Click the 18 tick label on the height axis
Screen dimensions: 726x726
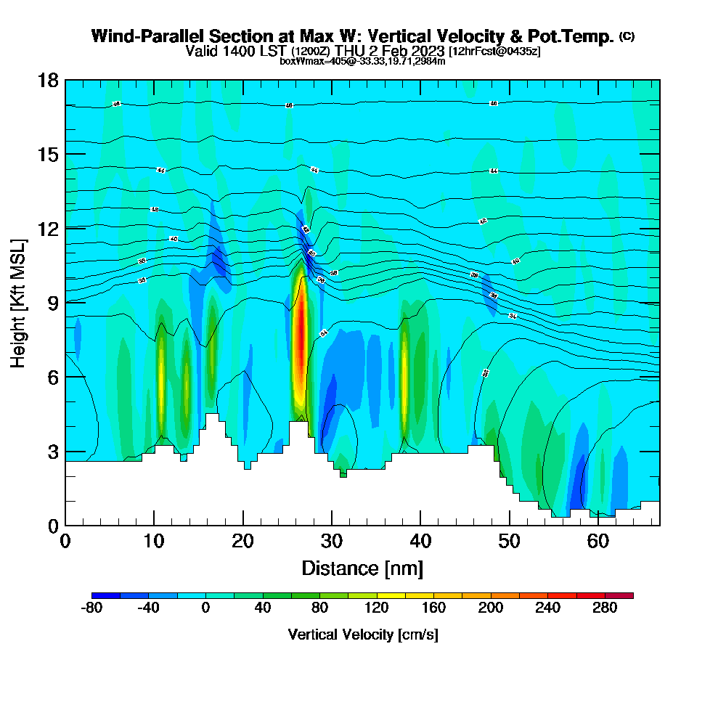48,81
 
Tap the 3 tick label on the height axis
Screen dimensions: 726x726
52,452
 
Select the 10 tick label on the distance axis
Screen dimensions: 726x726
153,541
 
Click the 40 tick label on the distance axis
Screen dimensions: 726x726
421,541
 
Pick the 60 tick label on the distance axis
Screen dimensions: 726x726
599,541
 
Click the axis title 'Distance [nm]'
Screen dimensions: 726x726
362,568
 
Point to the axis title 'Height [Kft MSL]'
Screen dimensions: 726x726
19,303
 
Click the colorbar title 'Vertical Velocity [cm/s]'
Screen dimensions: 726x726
363,635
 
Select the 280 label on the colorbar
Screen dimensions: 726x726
605,608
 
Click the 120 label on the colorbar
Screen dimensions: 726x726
377,608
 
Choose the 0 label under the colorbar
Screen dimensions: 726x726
205,608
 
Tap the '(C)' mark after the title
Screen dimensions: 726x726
627,36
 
